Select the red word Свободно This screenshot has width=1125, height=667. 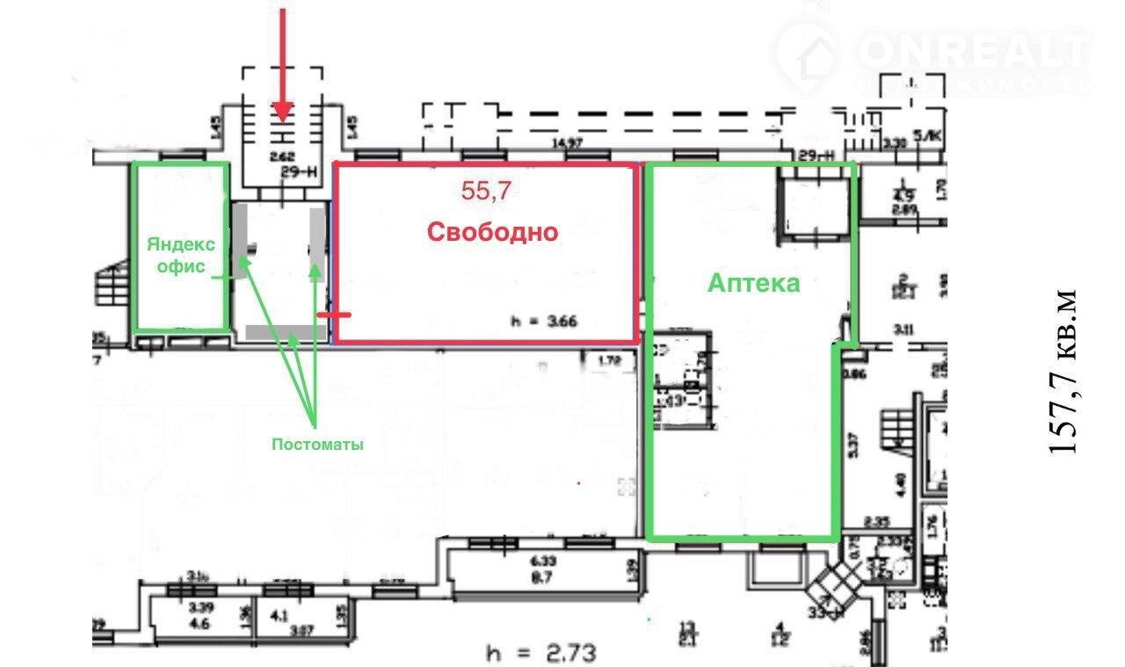tap(492, 232)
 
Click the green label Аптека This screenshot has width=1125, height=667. tap(754, 283)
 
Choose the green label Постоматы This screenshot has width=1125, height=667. tap(316, 445)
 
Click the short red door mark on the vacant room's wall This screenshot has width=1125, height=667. tap(334, 314)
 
